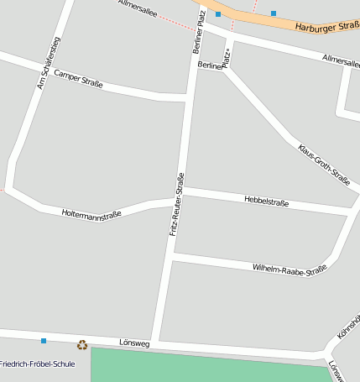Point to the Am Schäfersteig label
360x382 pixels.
[49, 63]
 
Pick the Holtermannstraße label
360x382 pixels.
[91, 214]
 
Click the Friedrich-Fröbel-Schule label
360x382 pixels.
[38, 364]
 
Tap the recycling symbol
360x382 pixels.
[82, 344]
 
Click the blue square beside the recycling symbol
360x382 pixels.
[44, 341]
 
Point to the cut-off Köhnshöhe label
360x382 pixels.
[348, 327]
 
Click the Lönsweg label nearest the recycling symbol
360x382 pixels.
[134, 343]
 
